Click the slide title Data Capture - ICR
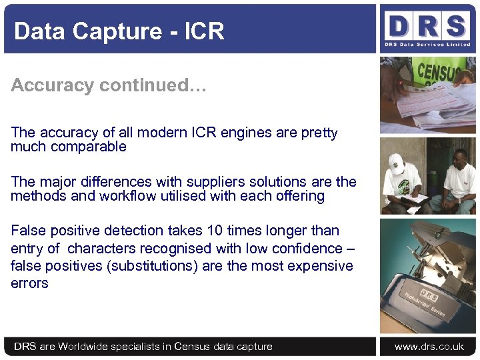pyautogui.click(x=119, y=31)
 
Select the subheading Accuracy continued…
pyautogui.click(x=109, y=85)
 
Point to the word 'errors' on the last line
pyautogui.click(x=29, y=283)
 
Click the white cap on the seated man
pyautogui.click(x=397, y=161)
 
